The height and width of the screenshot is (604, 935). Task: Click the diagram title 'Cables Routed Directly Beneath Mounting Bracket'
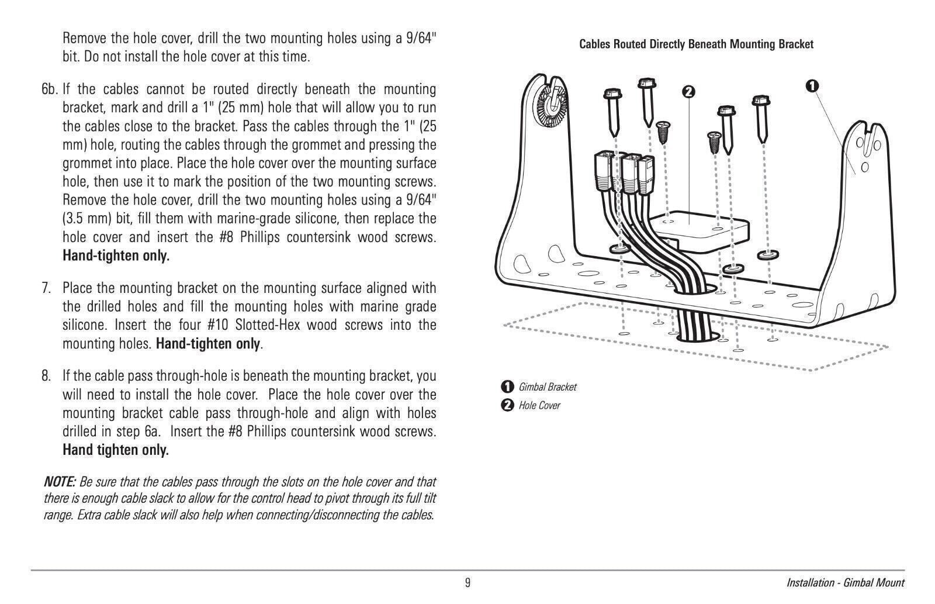coord(695,44)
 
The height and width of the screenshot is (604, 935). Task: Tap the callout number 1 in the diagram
coord(812,86)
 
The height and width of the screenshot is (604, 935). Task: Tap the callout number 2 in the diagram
coord(688,92)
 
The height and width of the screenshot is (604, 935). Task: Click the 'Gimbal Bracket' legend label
coord(547,387)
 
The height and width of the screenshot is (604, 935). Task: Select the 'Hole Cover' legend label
coord(539,406)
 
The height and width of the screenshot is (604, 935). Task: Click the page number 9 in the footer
coord(467,583)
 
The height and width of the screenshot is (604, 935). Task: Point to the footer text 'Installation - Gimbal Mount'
coord(845,583)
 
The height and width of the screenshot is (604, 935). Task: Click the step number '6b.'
coord(50,89)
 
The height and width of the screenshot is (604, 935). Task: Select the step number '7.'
coord(46,288)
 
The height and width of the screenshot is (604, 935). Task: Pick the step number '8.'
coord(46,376)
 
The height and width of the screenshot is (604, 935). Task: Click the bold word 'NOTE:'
coord(60,482)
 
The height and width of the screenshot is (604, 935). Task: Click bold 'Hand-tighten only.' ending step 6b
coord(116,256)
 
